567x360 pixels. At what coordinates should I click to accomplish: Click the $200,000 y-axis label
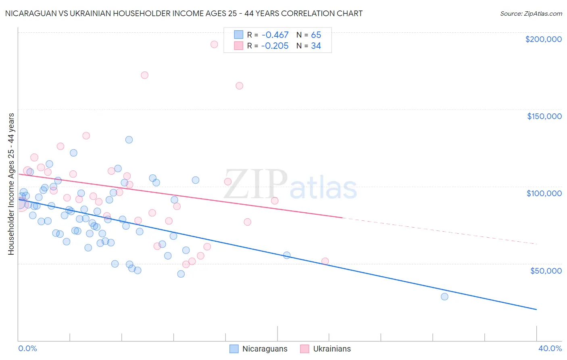[543, 39]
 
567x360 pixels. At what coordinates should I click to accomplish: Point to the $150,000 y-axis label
[544, 116]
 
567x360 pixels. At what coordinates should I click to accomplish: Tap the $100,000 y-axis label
[544, 193]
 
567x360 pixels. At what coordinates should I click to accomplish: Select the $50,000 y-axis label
[546, 270]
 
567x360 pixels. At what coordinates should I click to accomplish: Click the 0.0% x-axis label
[27, 348]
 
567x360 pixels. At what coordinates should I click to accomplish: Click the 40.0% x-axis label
[550, 348]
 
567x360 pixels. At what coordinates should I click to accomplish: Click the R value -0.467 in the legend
[275, 35]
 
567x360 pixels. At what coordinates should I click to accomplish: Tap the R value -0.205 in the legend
[275, 46]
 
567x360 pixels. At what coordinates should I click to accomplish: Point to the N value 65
[316, 35]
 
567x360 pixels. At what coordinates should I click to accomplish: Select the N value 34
[316, 46]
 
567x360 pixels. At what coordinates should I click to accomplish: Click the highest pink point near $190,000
[214, 44]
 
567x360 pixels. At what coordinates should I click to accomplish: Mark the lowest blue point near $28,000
[444, 297]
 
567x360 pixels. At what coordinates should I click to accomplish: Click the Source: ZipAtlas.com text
[531, 13]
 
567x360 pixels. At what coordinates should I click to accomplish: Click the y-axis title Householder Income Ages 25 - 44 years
[11, 184]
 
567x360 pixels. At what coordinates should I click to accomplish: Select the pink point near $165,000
[239, 86]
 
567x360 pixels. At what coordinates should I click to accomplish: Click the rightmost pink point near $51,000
[325, 262]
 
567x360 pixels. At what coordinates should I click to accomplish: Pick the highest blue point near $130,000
[129, 140]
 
